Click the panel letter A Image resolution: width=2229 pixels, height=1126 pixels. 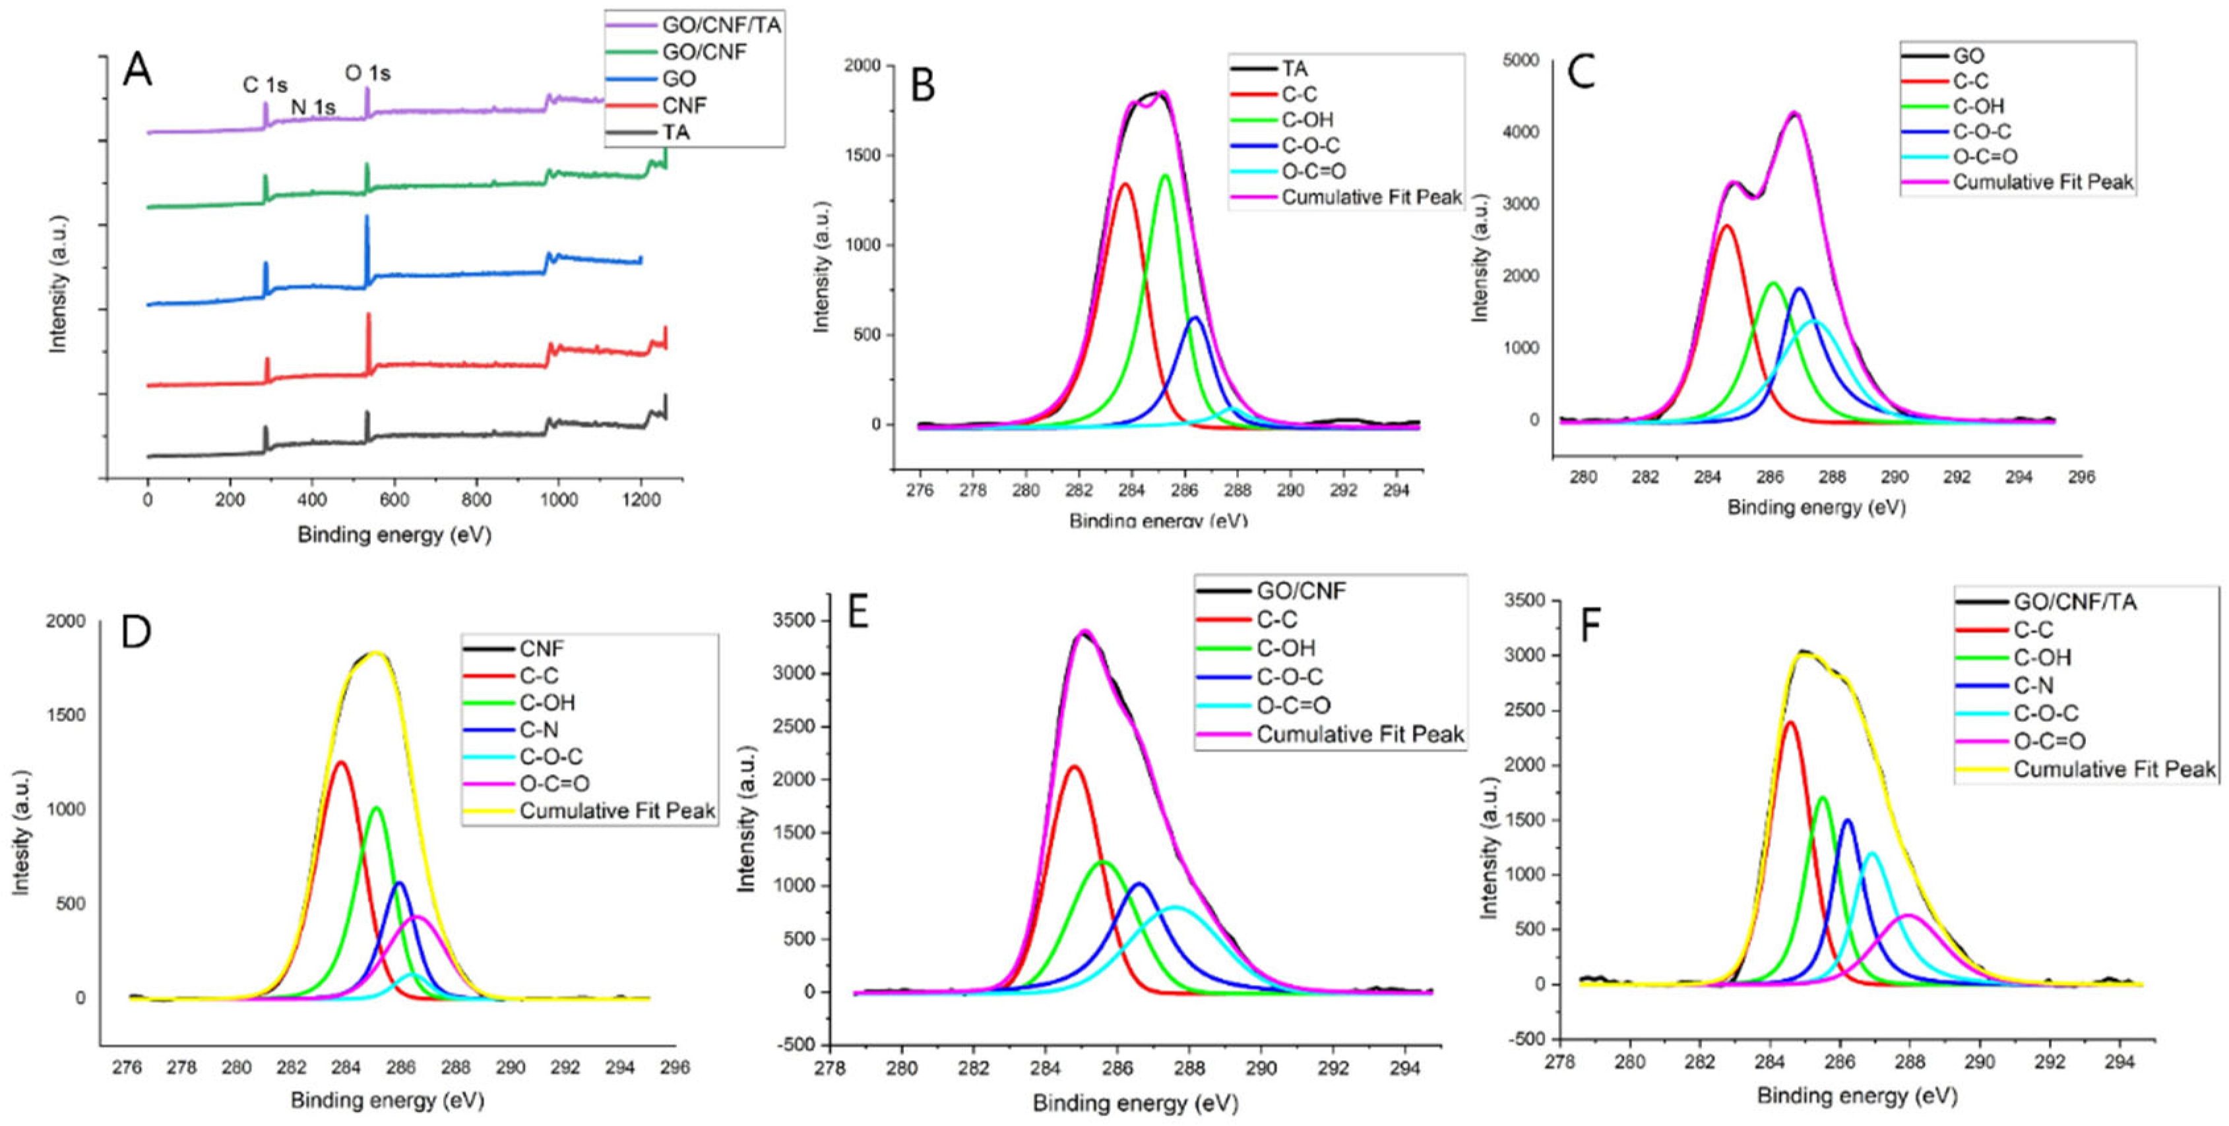(x=138, y=69)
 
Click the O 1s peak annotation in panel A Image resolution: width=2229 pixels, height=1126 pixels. (x=367, y=74)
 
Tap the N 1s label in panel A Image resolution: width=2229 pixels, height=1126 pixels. (x=313, y=107)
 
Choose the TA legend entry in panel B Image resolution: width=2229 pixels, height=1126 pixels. (x=1294, y=69)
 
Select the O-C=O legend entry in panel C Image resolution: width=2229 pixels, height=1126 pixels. (x=1984, y=156)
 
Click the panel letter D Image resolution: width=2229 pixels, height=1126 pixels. (x=137, y=632)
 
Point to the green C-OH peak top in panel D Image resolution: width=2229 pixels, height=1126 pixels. (x=377, y=808)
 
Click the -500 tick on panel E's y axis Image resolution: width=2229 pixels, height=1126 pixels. (x=796, y=1045)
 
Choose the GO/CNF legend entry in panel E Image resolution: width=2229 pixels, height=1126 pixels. (x=1301, y=591)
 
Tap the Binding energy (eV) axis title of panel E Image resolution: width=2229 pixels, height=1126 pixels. (x=1135, y=1104)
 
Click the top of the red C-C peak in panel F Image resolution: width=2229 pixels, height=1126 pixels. (x=1790, y=722)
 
